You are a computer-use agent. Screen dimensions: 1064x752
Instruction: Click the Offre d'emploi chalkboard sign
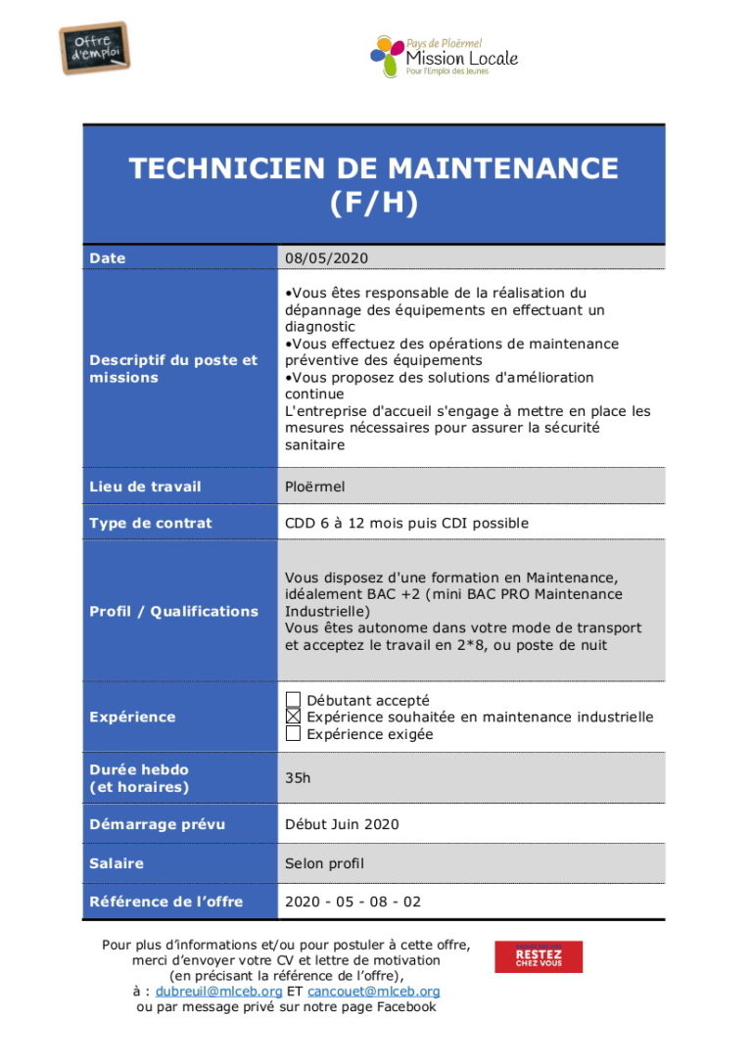[94, 47]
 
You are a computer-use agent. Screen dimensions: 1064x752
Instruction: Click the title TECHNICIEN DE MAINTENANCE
[373, 168]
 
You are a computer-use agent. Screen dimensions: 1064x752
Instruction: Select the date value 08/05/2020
[326, 258]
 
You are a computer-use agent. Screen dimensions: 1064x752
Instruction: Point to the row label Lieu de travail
[145, 486]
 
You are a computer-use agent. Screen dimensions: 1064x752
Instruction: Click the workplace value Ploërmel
[314, 486]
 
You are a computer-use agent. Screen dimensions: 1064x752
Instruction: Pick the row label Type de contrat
[150, 523]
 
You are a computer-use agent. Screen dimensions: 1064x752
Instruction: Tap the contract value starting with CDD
[406, 523]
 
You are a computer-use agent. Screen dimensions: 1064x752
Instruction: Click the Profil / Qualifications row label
[173, 611]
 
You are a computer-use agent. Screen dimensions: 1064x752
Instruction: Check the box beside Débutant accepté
[293, 700]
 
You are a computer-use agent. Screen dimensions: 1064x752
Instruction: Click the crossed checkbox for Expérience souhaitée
[293, 717]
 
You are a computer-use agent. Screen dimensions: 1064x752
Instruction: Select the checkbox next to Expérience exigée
[293, 733]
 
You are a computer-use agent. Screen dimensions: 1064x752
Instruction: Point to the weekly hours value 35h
[298, 778]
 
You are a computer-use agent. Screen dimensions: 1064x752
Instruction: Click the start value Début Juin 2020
[342, 824]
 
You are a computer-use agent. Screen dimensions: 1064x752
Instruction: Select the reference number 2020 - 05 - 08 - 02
[352, 902]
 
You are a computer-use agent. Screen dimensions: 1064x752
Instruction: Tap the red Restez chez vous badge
[539, 956]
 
